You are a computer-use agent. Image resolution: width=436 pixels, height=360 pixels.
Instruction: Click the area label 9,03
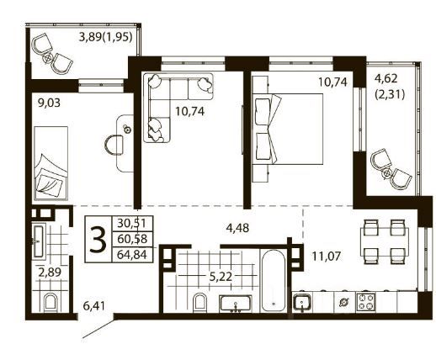point(49,103)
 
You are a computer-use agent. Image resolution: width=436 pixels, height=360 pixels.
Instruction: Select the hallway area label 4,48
point(237,228)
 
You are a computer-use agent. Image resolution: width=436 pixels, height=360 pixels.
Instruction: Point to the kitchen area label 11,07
point(326,256)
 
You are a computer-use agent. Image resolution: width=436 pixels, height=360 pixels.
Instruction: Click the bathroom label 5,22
point(221,277)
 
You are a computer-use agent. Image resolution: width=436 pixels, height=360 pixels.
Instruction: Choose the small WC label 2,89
point(50,272)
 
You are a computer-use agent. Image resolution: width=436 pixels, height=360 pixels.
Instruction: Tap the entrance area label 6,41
point(94,305)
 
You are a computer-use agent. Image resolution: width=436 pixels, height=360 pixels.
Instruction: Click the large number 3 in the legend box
point(98,239)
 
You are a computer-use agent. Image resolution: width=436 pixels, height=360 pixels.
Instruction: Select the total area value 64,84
point(132,255)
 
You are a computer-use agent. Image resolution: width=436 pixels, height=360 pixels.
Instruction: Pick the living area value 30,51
point(131,224)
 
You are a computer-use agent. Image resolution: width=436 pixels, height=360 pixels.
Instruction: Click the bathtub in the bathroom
point(274,281)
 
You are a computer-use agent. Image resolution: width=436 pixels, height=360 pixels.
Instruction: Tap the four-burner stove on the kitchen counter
point(365,302)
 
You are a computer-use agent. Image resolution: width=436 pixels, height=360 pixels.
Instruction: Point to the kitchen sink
point(302,303)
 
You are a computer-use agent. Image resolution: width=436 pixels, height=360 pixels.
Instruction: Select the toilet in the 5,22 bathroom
point(200,303)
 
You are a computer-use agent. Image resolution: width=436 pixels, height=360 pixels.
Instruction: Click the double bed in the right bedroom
point(288,129)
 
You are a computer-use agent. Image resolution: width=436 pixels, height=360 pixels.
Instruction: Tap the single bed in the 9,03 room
point(51,163)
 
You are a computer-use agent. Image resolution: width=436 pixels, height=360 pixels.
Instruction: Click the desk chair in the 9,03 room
point(114,145)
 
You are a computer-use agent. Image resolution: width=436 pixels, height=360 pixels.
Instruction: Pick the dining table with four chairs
point(385,241)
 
